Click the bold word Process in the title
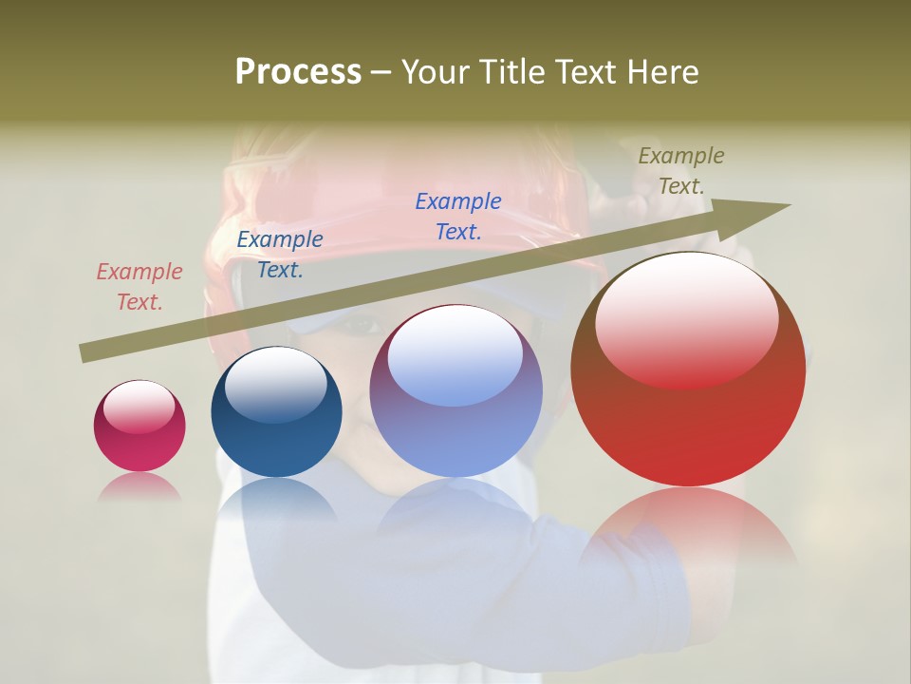[298, 72]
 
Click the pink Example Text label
[139, 287]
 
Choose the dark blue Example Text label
[279, 255]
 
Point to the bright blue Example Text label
[457, 216]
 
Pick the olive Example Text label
[680, 171]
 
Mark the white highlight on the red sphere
[686, 318]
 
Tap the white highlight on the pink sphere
[139, 407]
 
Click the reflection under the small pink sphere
[139, 487]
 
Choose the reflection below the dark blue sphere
[276, 499]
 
